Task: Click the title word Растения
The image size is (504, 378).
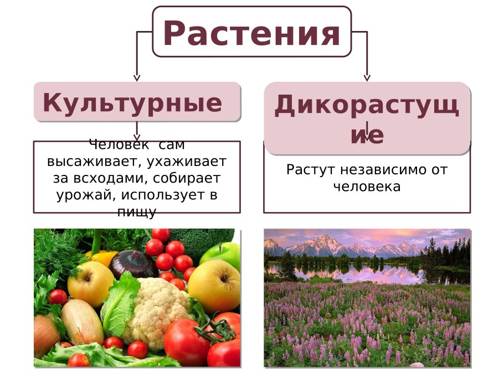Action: click(251, 33)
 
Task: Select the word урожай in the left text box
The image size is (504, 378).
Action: click(81, 195)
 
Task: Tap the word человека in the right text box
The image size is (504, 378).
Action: click(367, 187)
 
